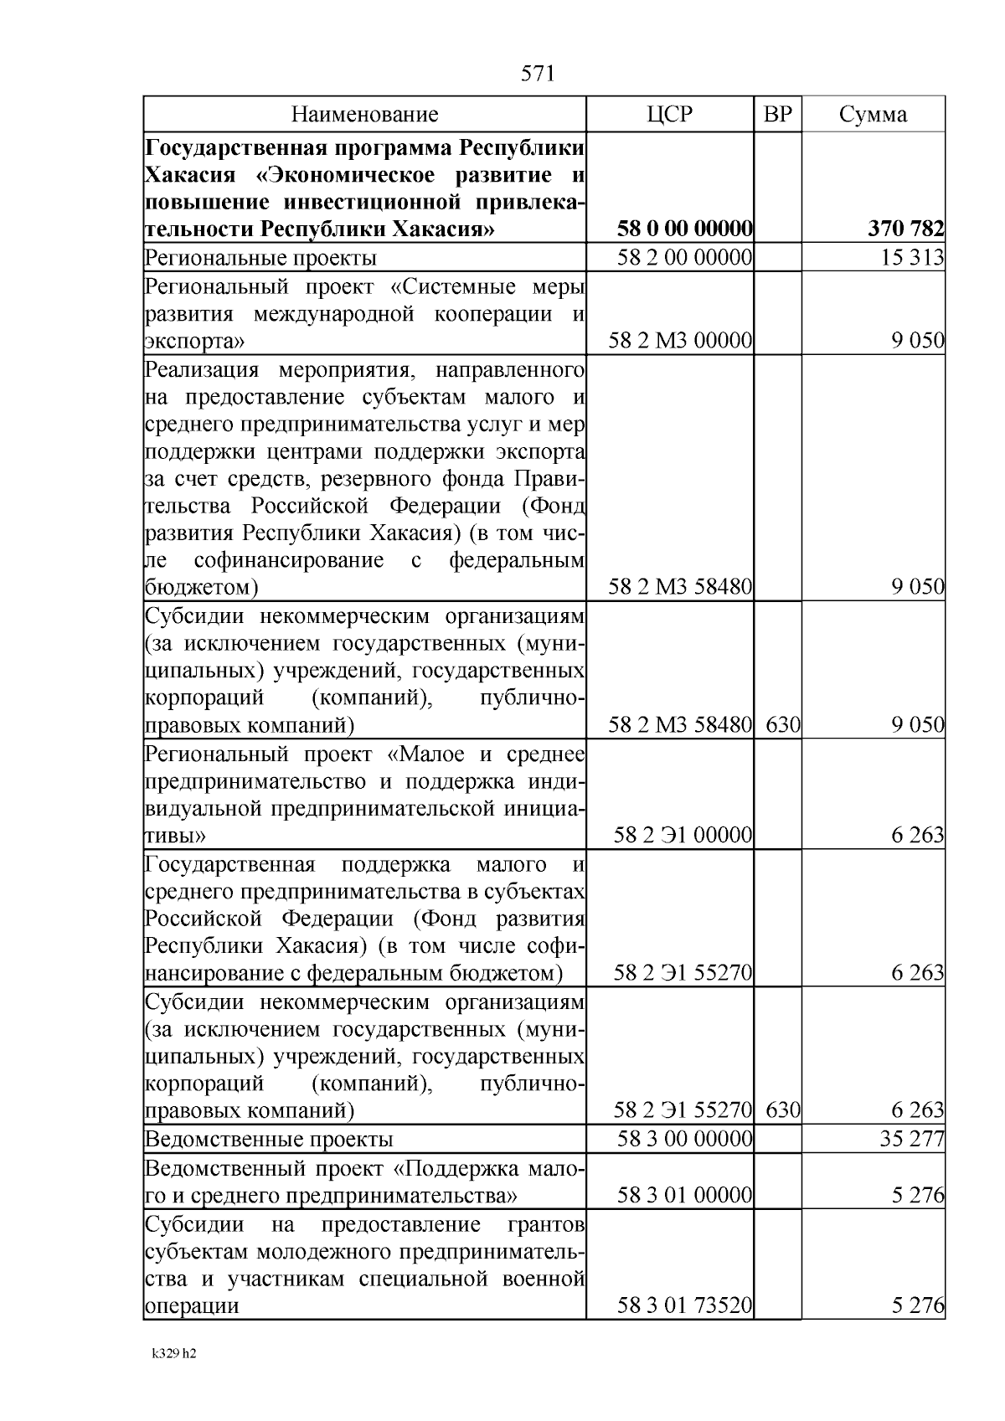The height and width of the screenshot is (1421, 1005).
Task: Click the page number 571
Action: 538,74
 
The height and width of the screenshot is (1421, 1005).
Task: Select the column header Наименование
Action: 364,115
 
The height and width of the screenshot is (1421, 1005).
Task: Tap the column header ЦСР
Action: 670,115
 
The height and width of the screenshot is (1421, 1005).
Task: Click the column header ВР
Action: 778,115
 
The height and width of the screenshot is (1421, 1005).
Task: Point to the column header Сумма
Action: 873,115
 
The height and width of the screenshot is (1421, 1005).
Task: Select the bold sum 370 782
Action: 906,229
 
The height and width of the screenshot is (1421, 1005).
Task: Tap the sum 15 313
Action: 912,258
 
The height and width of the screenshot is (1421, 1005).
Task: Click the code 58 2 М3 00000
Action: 681,341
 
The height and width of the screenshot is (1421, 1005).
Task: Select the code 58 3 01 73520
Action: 685,1305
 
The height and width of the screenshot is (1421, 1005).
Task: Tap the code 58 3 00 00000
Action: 685,1139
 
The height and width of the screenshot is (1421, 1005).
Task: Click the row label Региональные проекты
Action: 260,258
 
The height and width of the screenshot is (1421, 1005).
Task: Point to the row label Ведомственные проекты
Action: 269,1140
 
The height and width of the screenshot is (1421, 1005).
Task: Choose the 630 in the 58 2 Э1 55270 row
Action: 783,1111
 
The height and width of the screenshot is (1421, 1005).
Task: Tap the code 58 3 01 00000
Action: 685,1195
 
